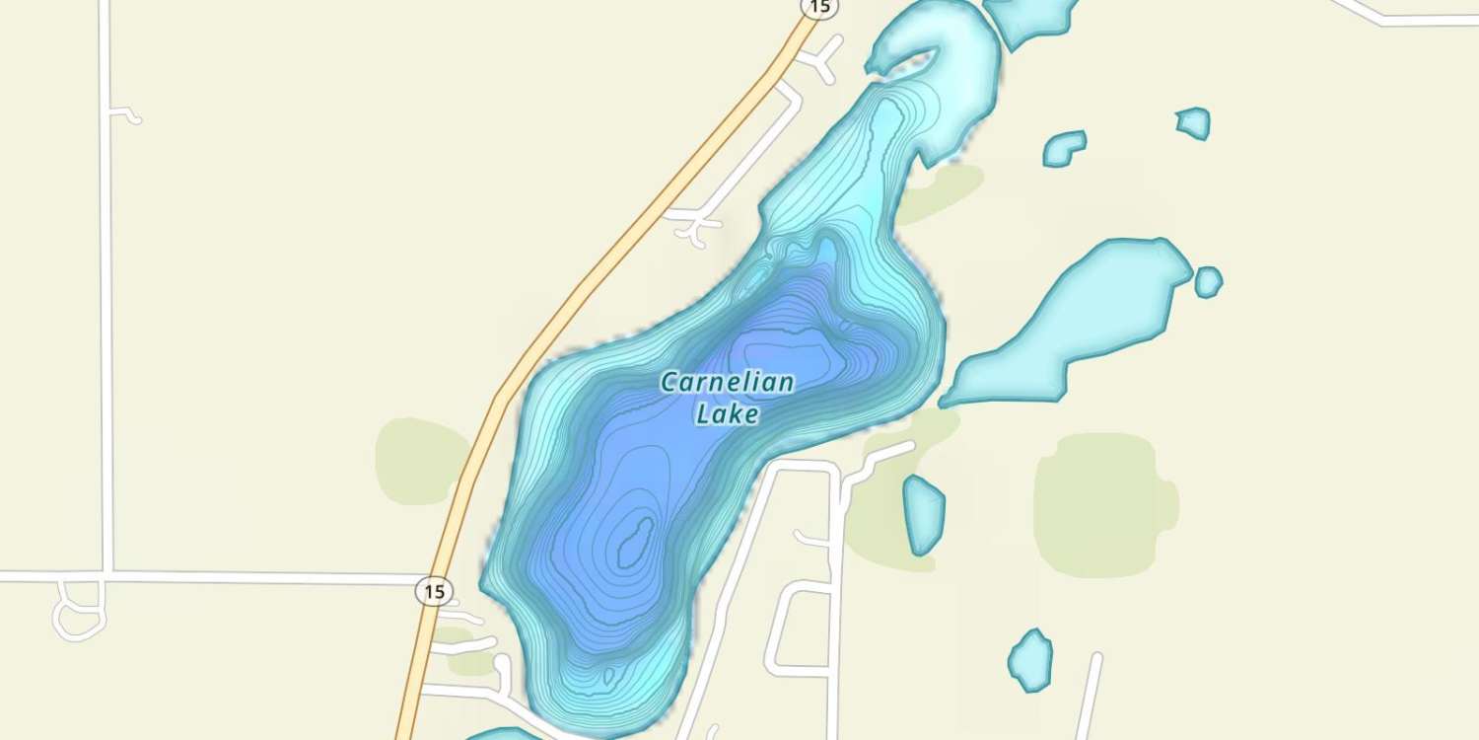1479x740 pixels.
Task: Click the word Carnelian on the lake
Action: [727, 383]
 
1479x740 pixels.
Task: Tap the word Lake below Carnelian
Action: [728, 414]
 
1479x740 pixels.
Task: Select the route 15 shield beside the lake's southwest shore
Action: [434, 592]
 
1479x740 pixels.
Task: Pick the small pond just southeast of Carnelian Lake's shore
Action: [924, 514]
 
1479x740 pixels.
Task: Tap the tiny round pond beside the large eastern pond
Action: [1208, 282]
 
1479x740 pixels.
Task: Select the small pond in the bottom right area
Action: [1030, 659]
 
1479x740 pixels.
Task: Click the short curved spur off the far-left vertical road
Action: [126, 113]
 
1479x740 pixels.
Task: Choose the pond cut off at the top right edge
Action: [1030, 18]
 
